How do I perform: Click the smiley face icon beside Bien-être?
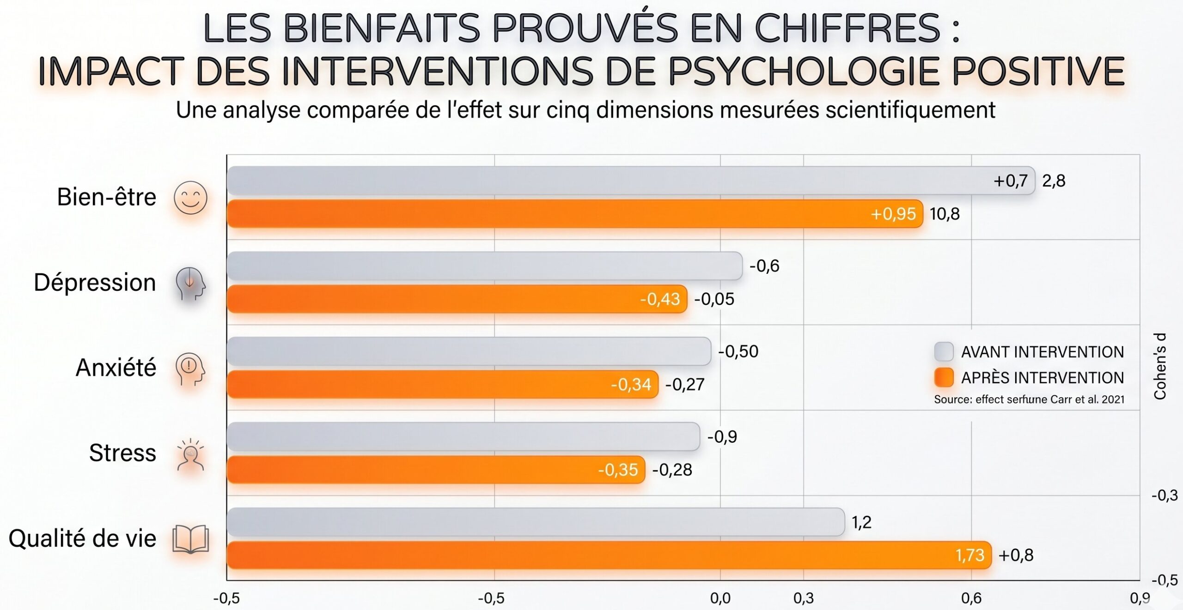[x=190, y=198]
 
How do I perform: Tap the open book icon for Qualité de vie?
[x=190, y=539]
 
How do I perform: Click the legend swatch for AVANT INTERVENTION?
[x=944, y=352]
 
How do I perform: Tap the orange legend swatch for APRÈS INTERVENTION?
[x=944, y=377]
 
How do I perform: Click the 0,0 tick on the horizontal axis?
[x=720, y=598]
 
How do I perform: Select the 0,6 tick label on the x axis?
[x=971, y=598]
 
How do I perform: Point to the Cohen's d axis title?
[x=1160, y=366]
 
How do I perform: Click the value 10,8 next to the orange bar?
[x=945, y=214]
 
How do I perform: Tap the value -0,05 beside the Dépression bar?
[x=714, y=299]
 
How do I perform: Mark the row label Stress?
[x=122, y=453]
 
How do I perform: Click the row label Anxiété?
[x=116, y=368]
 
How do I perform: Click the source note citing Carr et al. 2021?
[x=1029, y=399]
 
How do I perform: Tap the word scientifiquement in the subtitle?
[x=910, y=110]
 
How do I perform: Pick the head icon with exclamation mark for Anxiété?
[x=190, y=369]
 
